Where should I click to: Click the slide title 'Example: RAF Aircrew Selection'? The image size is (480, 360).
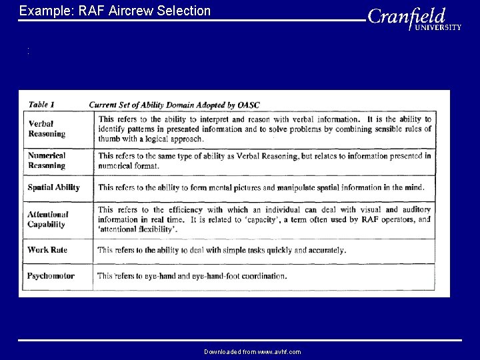coord(115,11)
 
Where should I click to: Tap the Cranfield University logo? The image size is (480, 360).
coord(413,18)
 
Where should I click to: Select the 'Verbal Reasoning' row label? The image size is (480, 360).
coord(47,129)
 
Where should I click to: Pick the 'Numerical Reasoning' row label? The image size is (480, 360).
coord(47,161)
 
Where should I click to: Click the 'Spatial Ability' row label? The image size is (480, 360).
coord(53,187)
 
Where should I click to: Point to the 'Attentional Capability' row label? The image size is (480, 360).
coord(48,219)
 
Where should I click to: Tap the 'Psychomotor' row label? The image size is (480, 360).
coord(51,275)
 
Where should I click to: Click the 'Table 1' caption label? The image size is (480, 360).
coord(42,105)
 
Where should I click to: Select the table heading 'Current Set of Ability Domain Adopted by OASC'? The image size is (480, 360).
coord(175,105)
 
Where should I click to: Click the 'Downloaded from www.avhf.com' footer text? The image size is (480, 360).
coord(252,351)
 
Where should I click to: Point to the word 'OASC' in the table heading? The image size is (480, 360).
coord(248,105)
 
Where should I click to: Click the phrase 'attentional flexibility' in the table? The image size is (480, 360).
coord(138,229)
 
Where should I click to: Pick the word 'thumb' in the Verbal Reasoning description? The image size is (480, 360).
coord(109,139)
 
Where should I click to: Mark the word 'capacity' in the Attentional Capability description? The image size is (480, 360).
coord(304,219)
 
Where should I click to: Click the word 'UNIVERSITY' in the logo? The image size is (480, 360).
coord(438,27)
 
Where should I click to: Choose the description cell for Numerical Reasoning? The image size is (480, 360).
coord(264,161)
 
